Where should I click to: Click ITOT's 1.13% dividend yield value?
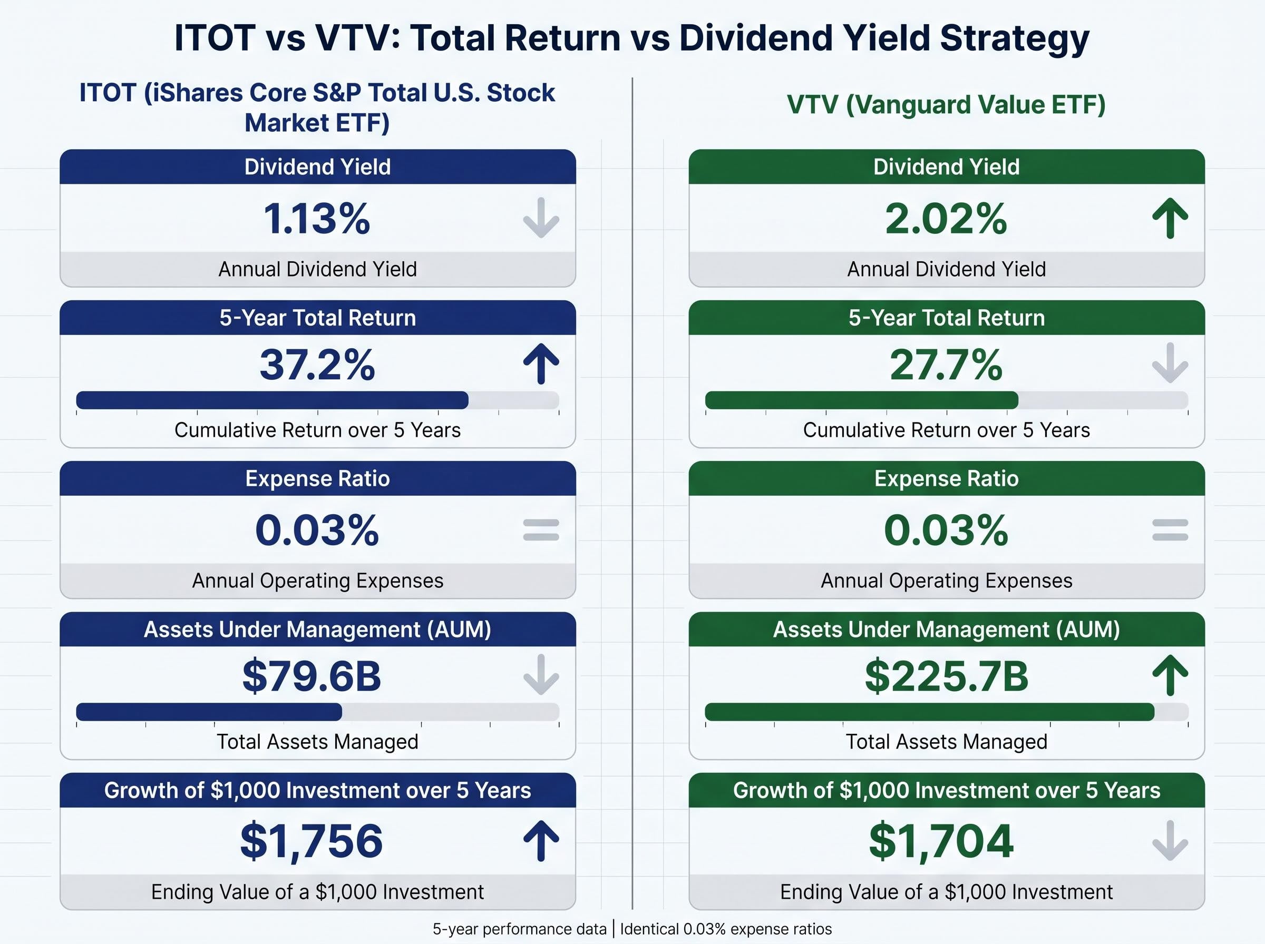pyautogui.click(x=316, y=218)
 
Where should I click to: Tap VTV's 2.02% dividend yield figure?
pyautogui.click(x=946, y=218)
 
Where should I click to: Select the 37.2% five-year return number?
pyautogui.click(x=317, y=365)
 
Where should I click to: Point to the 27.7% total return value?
pyautogui.click(x=946, y=365)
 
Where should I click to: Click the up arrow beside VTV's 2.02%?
pyautogui.click(x=1170, y=218)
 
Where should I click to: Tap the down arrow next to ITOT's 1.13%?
pyautogui.click(x=541, y=218)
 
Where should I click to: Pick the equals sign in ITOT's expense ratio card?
pyautogui.click(x=541, y=530)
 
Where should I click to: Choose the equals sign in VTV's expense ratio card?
pyautogui.click(x=1170, y=530)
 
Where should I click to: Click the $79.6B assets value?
pyautogui.click(x=312, y=676)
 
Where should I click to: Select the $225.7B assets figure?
pyautogui.click(x=946, y=676)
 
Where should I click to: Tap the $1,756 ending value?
pyautogui.click(x=312, y=841)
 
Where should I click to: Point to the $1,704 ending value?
pyautogui.click(x=941, y=841)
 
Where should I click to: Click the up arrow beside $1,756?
pyautogui.click(x=541, y=841)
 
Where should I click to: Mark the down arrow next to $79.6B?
pyautogui.click(x=541, y=675)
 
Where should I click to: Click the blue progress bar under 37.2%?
pyautogui.click(x=272, y=400)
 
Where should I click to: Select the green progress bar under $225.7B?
pyautogui.click(x=929, y=712)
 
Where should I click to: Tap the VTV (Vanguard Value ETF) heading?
pyautogui.click(x=946, y=105)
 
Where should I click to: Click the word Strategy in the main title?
pyautogui.click(x=1014, y=38)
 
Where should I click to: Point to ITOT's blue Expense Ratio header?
pyautogui.click(x=317, y=478)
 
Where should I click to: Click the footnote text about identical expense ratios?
pyautogui.click(x=726, y=929)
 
